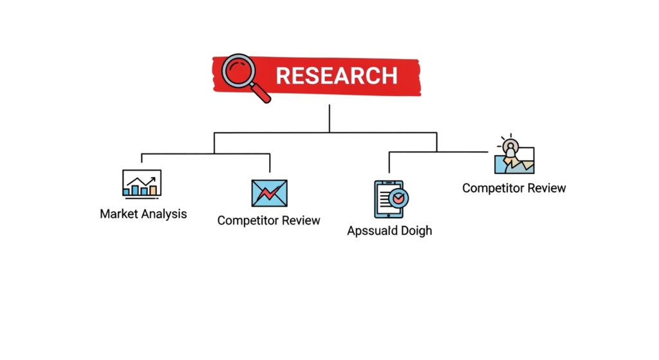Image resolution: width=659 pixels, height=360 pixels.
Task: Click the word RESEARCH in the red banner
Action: coord(337,76)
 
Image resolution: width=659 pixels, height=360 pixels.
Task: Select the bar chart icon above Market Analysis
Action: coord(142,183)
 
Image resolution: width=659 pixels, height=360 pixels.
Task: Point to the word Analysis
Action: coord(166,214)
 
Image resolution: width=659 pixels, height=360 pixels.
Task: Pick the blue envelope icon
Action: coord(269,193)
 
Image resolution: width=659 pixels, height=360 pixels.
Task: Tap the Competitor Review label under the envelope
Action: coord(268,220)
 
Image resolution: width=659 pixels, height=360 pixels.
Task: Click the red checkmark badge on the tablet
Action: coord(399,197)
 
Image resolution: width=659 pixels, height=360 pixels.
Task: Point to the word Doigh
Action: coord(417,231)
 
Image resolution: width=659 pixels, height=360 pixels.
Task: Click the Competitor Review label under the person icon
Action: coord(514,188)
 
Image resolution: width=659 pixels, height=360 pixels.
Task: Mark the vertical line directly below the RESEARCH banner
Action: coord(329,118)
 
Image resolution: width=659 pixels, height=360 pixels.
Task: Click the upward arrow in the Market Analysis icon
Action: coord(151,180)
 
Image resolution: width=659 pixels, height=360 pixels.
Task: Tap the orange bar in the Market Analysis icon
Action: coord(153,190)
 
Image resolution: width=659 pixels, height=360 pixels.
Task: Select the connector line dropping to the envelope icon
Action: coord(270,162)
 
